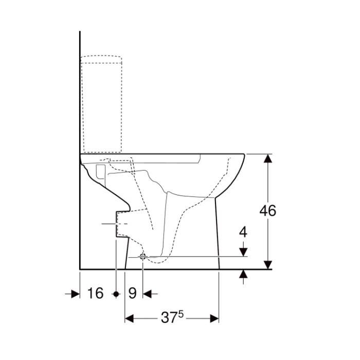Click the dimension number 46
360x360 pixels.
click(268, 210)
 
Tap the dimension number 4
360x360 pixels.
click(243, 232)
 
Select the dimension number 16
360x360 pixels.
click(96, 293)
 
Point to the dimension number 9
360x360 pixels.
click(132, 293)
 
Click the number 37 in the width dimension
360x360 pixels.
click(169, 318)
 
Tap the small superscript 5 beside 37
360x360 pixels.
click(181, 314)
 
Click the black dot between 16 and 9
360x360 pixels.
click(116, 294)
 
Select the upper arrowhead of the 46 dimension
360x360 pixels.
click(268, 158)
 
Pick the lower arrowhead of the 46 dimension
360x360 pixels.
click(268, 265)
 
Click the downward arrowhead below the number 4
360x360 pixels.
click(243, 252)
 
